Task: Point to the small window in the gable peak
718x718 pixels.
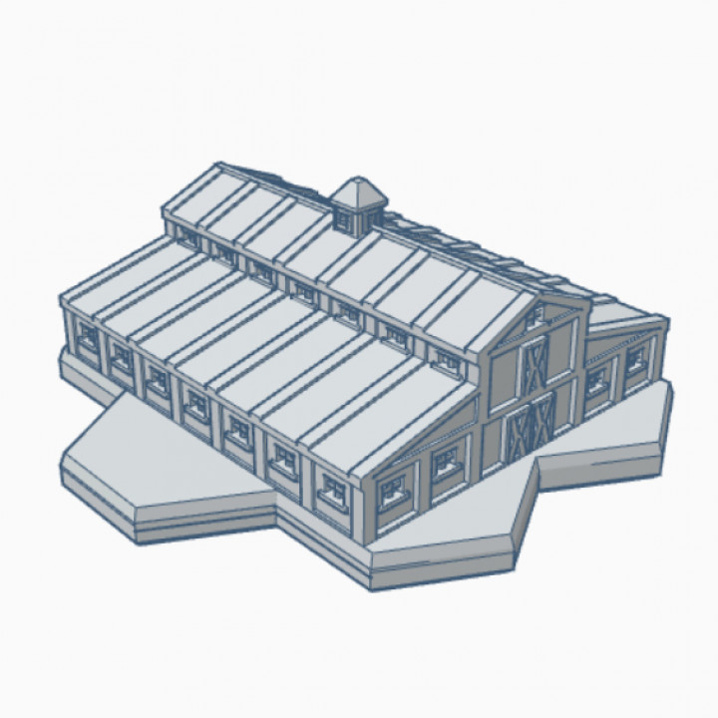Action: [x=536, y=316]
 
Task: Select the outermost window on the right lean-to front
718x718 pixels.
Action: [x=636, y=355]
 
